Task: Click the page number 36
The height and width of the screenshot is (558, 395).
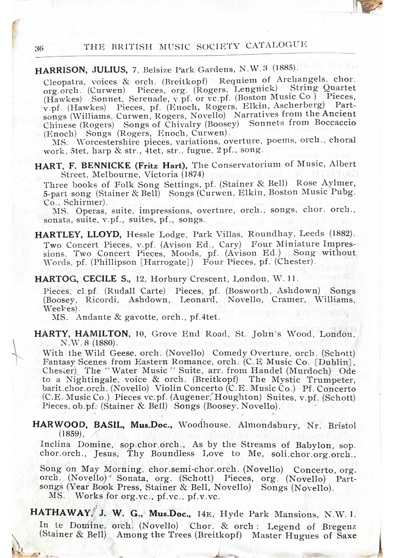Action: point(39,48)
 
